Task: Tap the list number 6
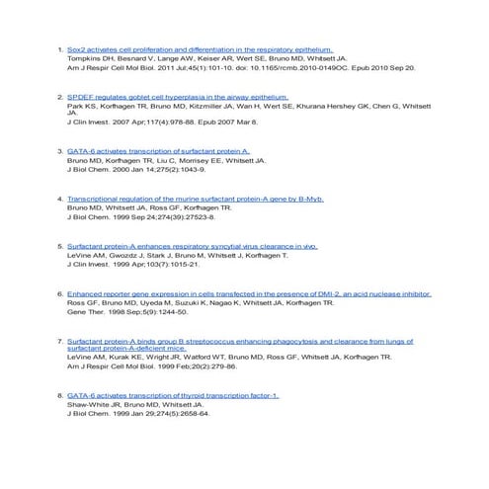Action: coord(60,294)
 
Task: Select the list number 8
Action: coord(60,395)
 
